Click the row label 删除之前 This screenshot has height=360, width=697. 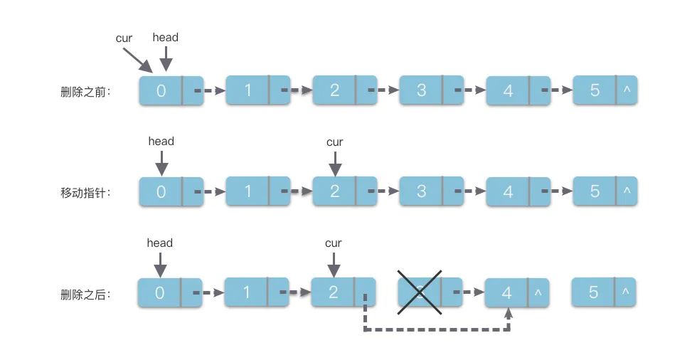(x=86, y=92)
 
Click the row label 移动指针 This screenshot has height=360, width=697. (x=86, y=193)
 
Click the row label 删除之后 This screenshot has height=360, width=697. (x=86, y=293)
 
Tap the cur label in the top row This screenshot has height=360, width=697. (x=124, y=38)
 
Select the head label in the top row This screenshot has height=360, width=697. (x=166, y=36)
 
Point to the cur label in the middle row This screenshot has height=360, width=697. (x=334, y=142)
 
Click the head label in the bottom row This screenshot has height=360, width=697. (x=160, y=243)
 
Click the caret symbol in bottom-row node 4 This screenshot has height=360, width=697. (x=538, y=292)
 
